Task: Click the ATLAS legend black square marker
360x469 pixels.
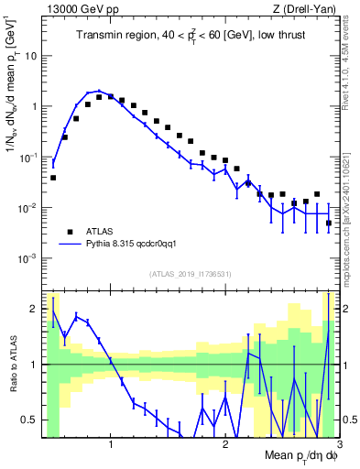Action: (70, 232)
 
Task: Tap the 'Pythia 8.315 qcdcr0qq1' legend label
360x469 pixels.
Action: (136, 245)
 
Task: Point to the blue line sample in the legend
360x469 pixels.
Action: (70, 245)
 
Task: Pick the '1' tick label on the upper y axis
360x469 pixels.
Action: (33, 106)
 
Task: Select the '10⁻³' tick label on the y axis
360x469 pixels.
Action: (27, 259)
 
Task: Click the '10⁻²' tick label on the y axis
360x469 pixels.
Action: (27, 209)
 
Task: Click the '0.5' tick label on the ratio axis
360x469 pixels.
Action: (28, 420)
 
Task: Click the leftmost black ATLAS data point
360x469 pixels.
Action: (53, 178)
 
